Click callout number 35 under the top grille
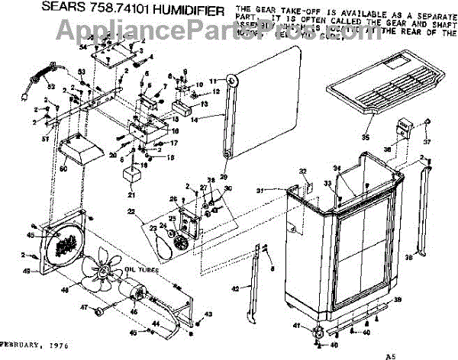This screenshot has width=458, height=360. coord(365,137)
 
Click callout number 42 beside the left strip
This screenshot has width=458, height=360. coord(235,288)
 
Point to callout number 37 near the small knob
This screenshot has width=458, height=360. coord(427,142)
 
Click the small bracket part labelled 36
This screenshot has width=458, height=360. coord(404,129)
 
